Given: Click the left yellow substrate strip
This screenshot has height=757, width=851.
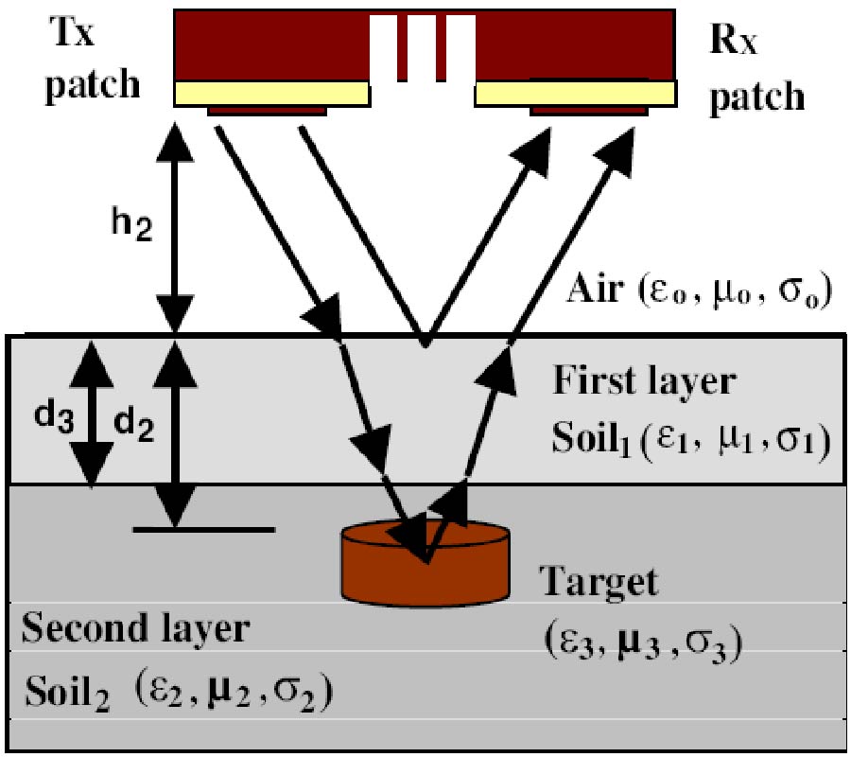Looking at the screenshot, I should [x=270, y=93].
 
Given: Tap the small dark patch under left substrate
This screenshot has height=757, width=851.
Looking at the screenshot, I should [x=267, y=111].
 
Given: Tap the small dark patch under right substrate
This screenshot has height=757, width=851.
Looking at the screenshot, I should [x=590, y=111].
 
